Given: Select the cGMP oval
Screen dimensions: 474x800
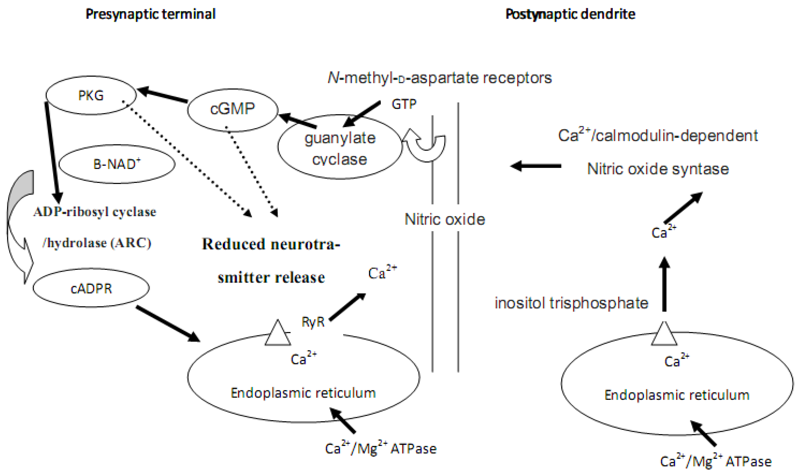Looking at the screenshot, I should [x=232, y=109].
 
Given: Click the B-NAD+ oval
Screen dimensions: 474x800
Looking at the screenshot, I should [x=117, y=164].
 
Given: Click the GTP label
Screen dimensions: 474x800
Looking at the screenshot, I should [x=404, y=104].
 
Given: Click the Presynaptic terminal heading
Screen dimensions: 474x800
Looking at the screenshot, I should [x=151, y=14].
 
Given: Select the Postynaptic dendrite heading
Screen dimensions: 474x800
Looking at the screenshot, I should [x=570, y=14].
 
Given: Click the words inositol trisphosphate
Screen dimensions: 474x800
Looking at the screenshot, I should [x=571, y=303].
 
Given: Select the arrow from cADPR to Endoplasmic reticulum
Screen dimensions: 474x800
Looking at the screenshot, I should [x=168, y=324].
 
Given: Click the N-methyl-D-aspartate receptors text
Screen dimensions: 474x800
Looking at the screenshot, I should [x=440, y=78].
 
